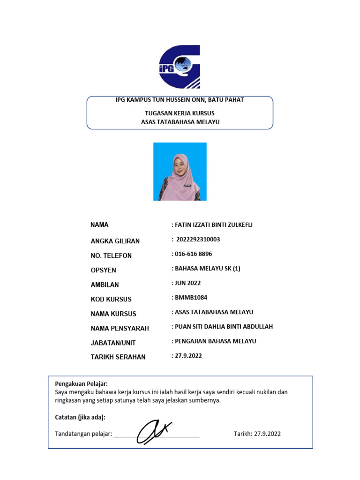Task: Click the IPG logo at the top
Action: (180, 67)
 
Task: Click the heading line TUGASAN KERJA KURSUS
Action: (180, 113)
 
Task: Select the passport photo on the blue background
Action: (180, 172)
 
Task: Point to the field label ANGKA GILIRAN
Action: (115, 241)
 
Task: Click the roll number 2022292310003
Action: (198, 240)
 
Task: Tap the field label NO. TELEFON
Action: (111, 255)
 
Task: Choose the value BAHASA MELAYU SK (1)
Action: (207, 269)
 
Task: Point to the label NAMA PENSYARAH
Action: (120, 328)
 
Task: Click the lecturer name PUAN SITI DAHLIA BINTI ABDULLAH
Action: (224, 327)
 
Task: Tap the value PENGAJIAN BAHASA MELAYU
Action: (215, 341)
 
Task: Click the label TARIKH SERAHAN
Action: (118, 357)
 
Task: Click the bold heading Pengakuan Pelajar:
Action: (82, 384)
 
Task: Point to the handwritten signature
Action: (155, 431)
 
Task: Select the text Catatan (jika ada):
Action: (80, 417)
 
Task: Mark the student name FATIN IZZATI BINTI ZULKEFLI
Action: (213, 225)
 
